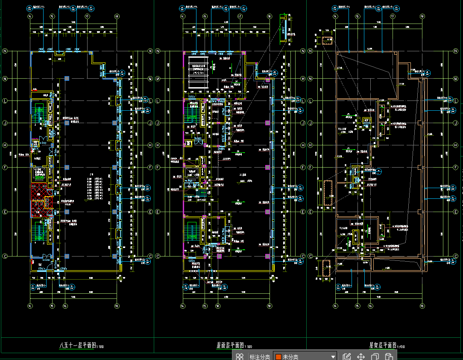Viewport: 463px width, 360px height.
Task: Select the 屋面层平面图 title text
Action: coord(230,345)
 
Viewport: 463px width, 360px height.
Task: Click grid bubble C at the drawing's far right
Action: coord(458,256)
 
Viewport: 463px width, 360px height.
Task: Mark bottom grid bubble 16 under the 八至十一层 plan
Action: coord(65,306)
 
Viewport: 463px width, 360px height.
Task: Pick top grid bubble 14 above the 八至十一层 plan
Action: coord(30,16)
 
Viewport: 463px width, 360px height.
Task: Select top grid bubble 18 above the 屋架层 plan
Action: coord(422,16)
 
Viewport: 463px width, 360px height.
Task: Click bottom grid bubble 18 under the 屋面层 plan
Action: coord(270,306)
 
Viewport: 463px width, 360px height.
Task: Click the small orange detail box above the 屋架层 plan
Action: coord(328,41)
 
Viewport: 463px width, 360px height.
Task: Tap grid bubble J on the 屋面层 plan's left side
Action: coord(157,123)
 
